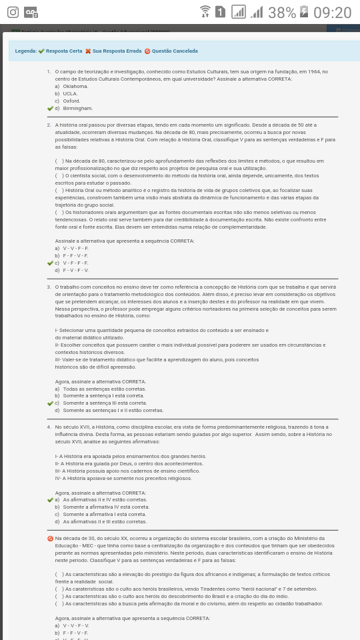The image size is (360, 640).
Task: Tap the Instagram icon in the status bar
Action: point(13,13)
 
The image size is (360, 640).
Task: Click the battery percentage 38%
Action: point(282,13)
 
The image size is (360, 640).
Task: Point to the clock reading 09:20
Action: point(332,13)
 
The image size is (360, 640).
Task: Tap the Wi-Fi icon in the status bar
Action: point(205,12)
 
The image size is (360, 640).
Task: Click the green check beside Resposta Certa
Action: point(41,51)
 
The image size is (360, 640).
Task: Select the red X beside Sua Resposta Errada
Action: point(88,51)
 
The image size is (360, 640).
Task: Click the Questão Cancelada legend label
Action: point(174,51)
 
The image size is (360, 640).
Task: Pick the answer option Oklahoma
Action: point(75,86)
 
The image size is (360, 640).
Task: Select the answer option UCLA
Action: point(70,93)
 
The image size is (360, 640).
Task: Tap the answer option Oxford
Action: point(71,101)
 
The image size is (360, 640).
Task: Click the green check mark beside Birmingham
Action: point(50,108)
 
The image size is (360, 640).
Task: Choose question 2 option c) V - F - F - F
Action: point(75,263)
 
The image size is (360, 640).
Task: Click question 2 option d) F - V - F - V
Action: point(75,270)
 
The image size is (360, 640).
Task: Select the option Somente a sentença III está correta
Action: point(105,403)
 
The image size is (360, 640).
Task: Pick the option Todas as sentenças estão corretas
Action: point(104,389)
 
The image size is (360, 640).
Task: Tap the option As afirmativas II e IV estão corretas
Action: point(105,499)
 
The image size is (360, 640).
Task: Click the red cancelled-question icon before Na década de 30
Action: point(50,538)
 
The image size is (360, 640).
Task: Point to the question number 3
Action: point(49,287)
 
